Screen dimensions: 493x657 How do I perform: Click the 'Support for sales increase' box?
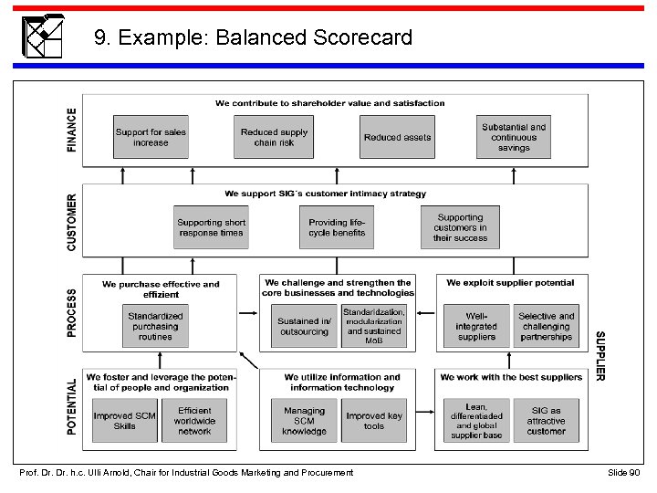click(151, 137)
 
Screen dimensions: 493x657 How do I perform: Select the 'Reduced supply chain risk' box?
click(274, 137)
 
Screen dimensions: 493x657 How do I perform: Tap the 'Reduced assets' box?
click(397, 137)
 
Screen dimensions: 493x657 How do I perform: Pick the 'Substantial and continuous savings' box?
click(514, 137)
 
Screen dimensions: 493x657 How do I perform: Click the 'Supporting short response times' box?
click(211, 227)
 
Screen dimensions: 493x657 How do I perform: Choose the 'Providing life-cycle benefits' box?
click(336, 227)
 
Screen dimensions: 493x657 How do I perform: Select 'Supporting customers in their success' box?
click(460, 227)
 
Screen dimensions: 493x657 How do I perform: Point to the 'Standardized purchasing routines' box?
click(155, 327)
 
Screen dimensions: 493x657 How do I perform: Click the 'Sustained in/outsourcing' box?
click(303, 327)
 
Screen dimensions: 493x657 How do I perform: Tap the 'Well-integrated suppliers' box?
click(476, 327)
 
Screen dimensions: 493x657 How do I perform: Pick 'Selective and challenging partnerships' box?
click(546, 327)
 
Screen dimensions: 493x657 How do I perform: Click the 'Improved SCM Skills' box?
click(125, 421)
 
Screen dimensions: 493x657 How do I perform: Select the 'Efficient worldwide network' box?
click(194, 421)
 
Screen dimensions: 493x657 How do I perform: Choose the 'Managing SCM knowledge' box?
click(304, 421)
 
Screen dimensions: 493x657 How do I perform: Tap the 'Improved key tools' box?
click(374, 421)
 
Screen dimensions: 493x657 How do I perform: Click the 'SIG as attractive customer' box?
click(546, 421)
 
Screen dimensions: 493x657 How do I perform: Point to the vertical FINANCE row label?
click(72, 131)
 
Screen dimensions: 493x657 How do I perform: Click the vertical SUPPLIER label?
click(600, 356)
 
